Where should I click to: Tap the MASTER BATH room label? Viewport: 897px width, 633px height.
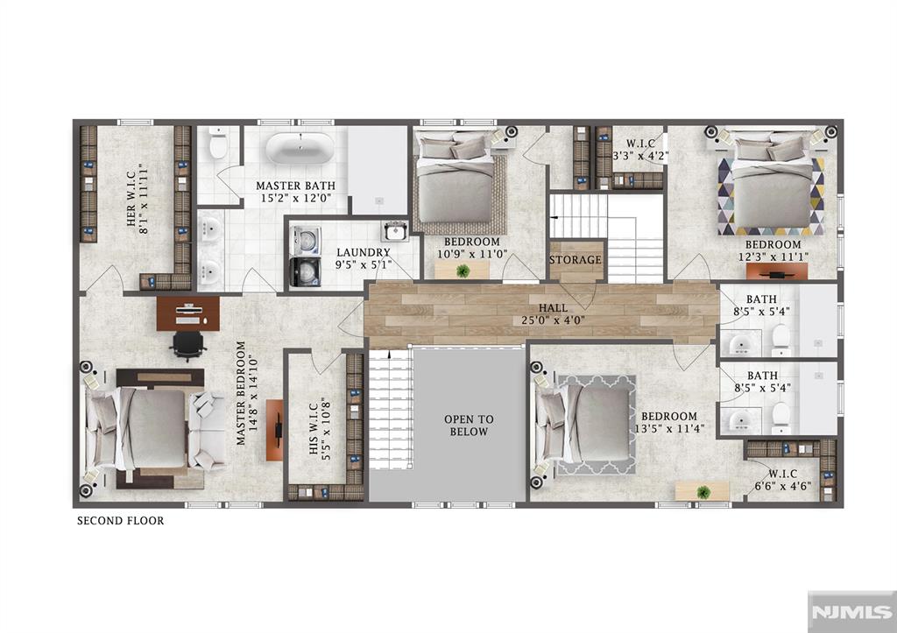coord(295,186)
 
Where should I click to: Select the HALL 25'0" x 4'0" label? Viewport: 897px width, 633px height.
coord(554,314)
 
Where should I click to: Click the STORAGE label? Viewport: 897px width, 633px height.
coord(576,260)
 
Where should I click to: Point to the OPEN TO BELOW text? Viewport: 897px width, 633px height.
coord(469,426)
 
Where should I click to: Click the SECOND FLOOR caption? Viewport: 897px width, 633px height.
coord(121,520)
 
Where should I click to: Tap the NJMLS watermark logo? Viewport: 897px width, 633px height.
coord(851,612)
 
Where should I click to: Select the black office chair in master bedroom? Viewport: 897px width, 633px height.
coord(187,345)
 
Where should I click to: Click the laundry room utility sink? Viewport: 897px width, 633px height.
coord(394,231)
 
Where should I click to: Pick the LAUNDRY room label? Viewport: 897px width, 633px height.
coord(364,252)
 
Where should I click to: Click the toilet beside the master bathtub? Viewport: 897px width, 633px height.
coord(218,144)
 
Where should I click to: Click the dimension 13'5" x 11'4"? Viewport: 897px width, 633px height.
coord(669,428)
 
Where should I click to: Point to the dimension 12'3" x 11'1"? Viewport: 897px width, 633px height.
coord(773,257)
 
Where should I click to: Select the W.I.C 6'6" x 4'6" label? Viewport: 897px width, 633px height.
coord(782,481)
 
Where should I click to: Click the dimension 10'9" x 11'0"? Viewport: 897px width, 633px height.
coord(472,254)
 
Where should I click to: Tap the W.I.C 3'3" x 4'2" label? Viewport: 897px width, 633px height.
coord(640,149)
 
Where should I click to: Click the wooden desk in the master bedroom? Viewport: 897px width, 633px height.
coord(188,313)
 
